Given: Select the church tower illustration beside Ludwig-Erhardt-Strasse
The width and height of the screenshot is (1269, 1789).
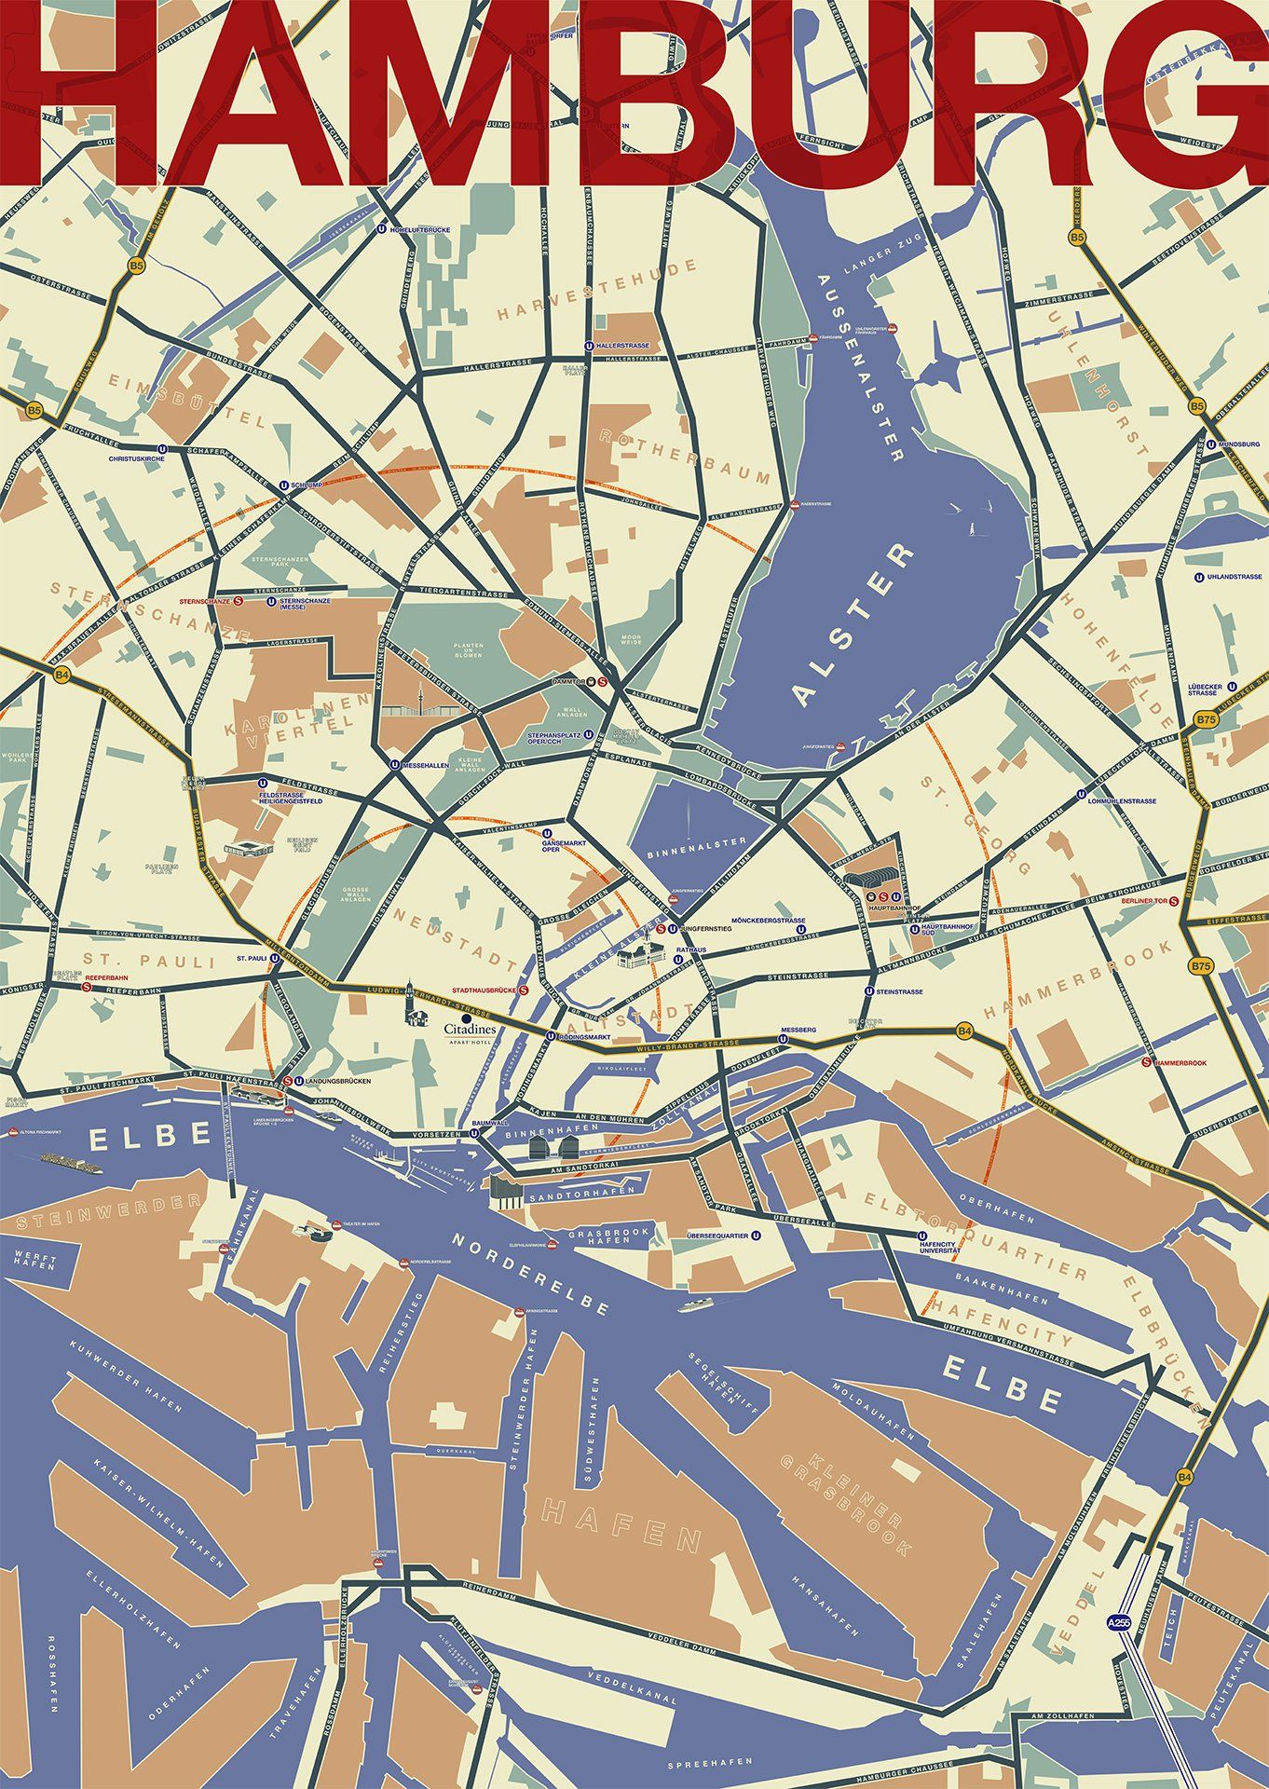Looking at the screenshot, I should point(411,1009).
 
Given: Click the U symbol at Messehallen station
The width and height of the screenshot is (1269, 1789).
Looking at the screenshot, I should point(395,763).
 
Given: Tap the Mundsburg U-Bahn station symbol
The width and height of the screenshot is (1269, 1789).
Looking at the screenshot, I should point(1210,444).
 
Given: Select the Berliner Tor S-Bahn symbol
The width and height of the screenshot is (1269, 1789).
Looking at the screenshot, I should point(1174,901).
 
